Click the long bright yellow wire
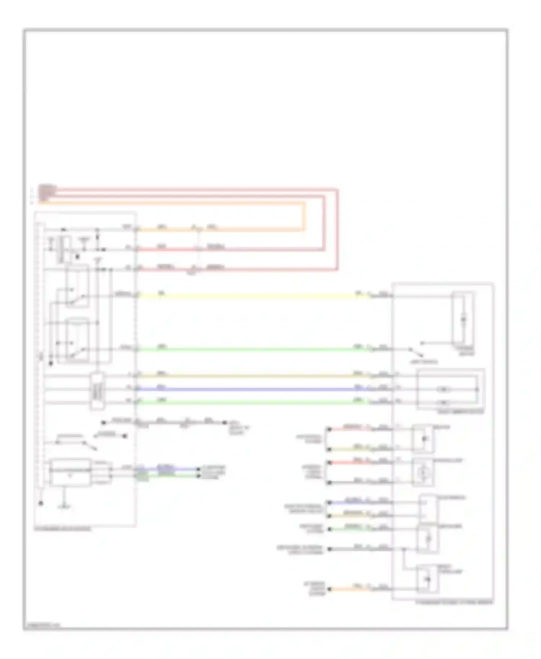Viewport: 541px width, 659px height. [x=252, y=296]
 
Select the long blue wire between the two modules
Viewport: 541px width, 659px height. [x=252, y=389]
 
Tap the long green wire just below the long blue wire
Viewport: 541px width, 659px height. [x=252, y=402]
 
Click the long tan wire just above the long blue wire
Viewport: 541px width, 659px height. [x=252, y=376]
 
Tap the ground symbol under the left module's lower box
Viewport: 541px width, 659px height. [x=65, y=506]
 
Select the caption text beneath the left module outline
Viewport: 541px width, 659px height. [x=63, y=529]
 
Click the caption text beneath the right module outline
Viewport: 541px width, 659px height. [x=454, y=602]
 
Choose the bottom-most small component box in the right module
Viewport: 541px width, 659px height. [x=428, y=580]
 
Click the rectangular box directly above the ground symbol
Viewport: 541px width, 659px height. [x=70, y=472]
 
